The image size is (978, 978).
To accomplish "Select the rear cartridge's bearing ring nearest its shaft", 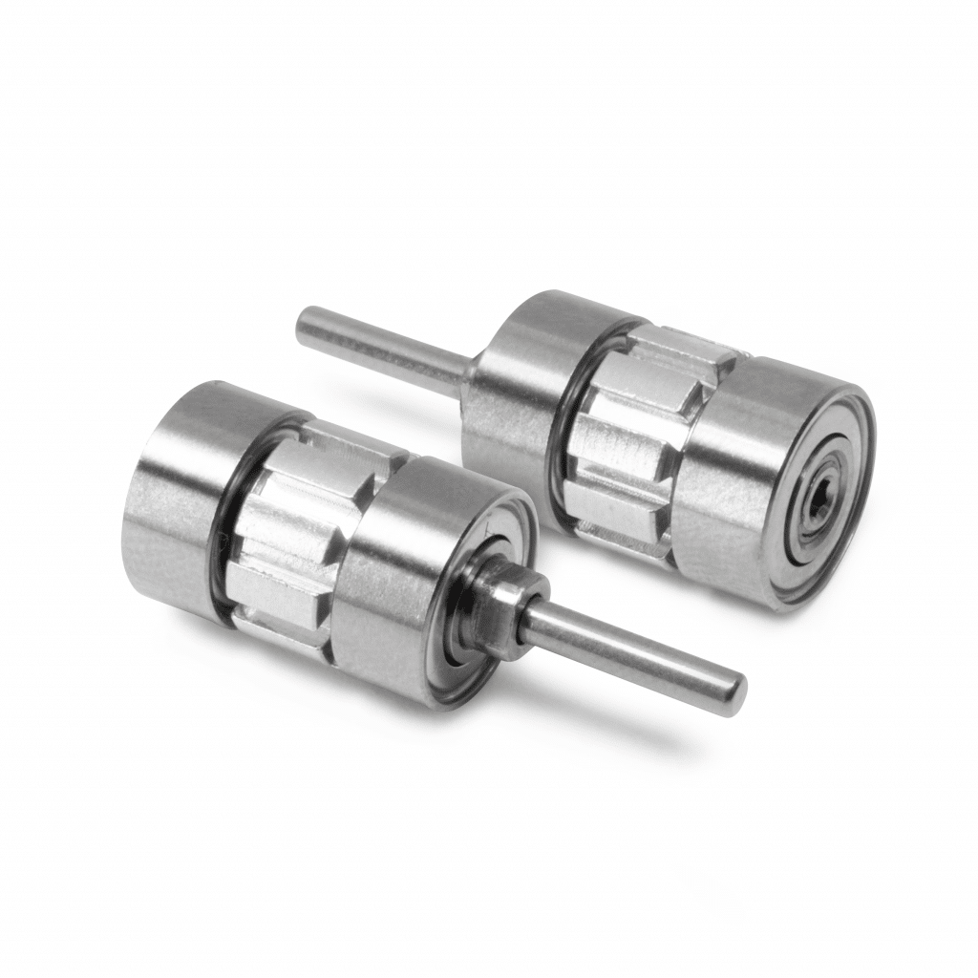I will tap(525, 382).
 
